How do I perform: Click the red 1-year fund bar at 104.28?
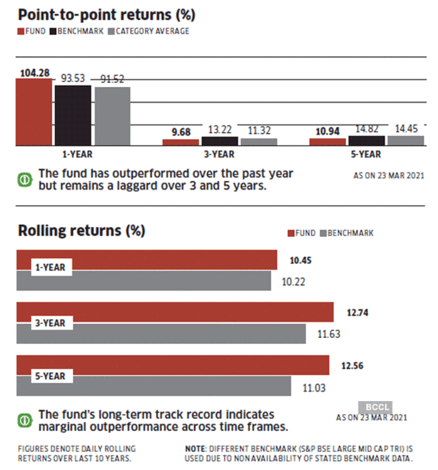[34, 112]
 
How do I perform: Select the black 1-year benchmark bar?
[73, 115]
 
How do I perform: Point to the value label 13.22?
[220, 130]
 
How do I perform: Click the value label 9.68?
[180, 132]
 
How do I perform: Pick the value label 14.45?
[405, 128]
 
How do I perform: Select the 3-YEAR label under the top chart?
[219, 154]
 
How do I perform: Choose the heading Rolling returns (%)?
[81, 231]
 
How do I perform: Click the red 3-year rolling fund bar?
[175, 311]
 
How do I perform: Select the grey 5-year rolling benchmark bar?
[153, 386]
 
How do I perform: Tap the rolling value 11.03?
[314, 389]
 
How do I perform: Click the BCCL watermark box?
[375, 405]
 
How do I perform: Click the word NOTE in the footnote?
[196, 449]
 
